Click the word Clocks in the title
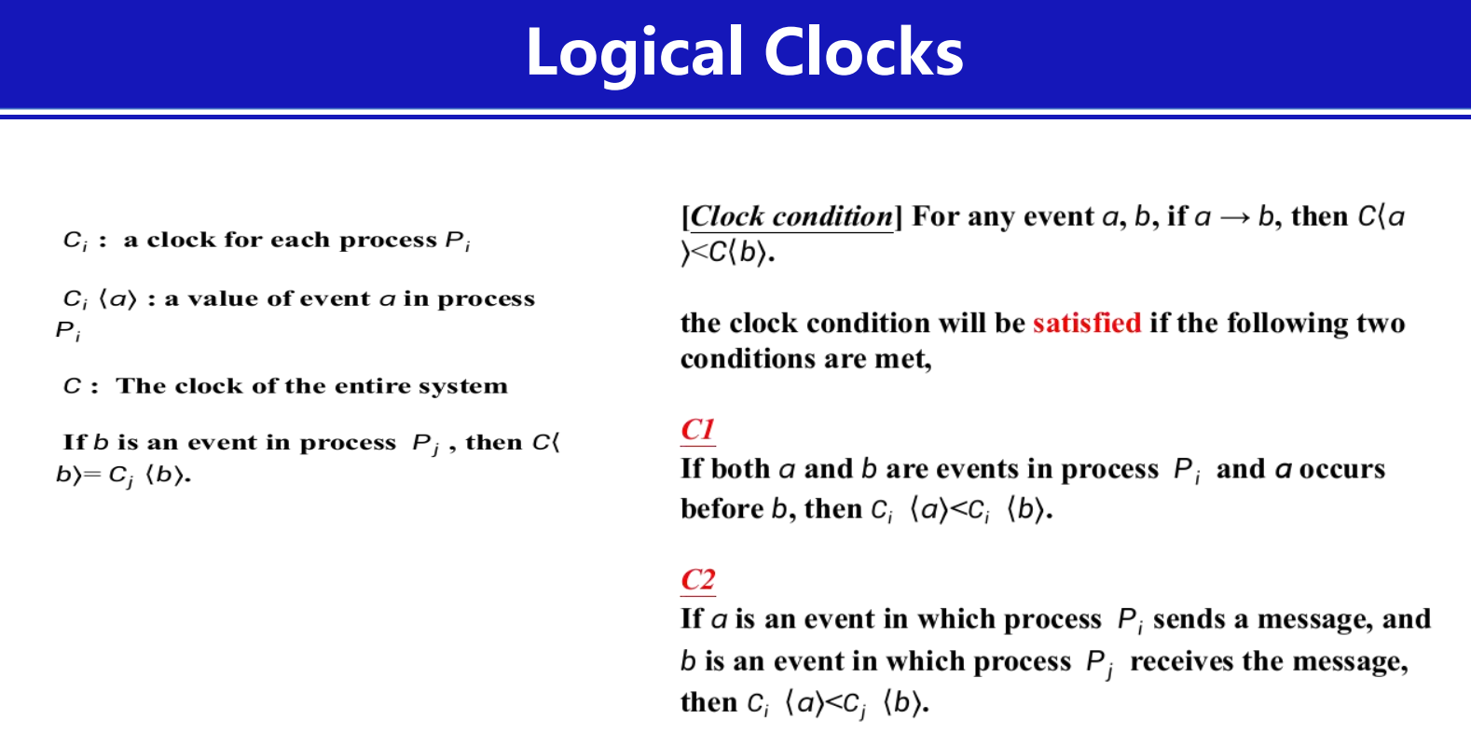point(863,51)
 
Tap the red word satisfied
point(1087,324)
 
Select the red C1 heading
point(697,430)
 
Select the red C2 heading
point(697,579)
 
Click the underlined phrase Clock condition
point(792,216)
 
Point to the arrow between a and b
point(1234,218)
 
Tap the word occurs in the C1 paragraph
point(1342,470)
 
